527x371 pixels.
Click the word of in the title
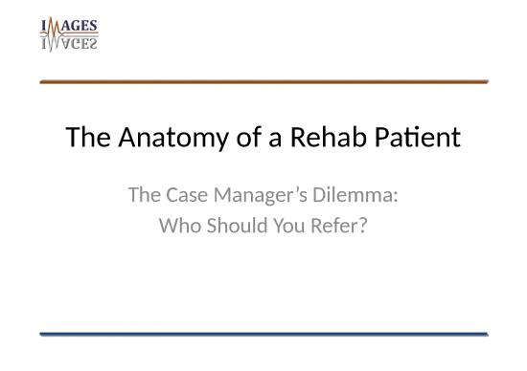[232, 140]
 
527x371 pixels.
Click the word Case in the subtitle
[181, 199]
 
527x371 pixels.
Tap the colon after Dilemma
[396, 201]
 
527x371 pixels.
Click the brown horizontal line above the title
[263, 83]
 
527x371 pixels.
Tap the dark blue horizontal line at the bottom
[263, 333]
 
